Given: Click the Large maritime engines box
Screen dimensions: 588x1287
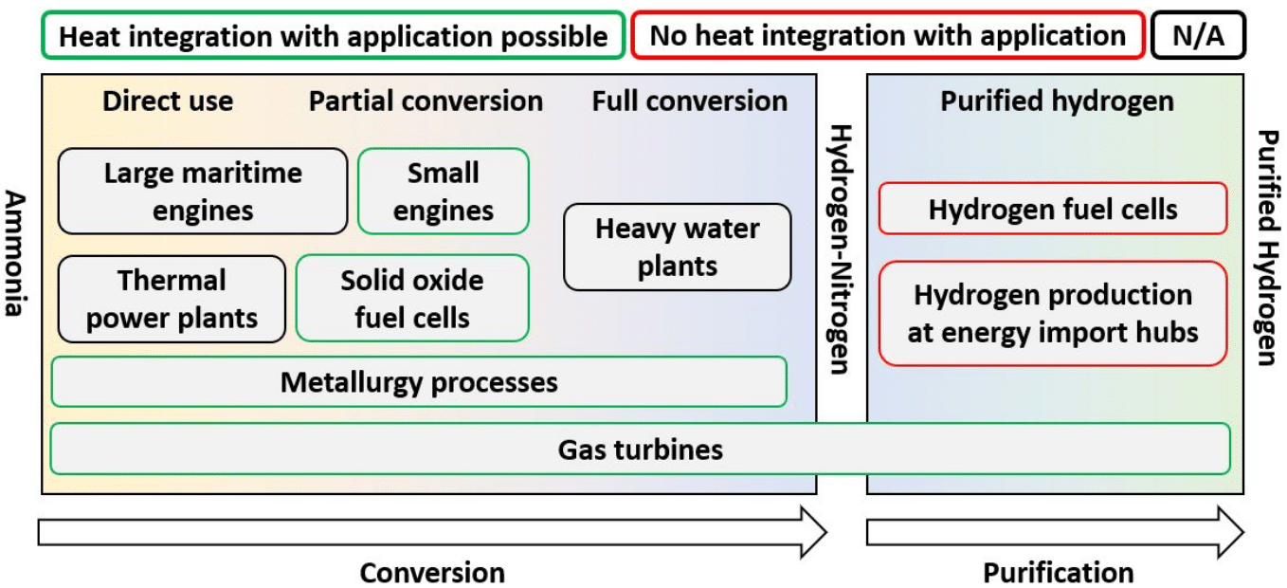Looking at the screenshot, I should coord(203,191).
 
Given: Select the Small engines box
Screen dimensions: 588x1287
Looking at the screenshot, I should coord(443,191).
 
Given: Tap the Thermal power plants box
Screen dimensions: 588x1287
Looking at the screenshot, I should coord(172,299).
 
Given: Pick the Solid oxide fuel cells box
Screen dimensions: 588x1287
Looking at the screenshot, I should coord(412,299).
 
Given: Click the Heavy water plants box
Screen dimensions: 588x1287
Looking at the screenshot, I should coord(677,247).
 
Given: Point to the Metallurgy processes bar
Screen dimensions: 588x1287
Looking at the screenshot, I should coord(419,382).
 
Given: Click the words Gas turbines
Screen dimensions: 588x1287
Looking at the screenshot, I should coord(640,449).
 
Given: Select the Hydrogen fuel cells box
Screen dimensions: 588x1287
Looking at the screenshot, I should coord(1053,209).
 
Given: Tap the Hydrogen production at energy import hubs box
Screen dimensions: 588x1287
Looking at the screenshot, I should coord(1053,313).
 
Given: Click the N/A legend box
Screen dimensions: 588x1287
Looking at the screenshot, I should coord(1198,36).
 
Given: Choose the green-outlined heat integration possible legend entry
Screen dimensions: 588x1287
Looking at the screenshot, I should coord(333,36).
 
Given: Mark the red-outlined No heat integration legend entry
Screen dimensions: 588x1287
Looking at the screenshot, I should coord(888,36).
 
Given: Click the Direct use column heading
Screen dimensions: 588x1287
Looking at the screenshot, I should coord(168,101).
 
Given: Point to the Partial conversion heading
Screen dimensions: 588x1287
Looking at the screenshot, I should coord(426,101).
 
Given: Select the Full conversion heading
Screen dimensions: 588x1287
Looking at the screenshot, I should coord(689,101).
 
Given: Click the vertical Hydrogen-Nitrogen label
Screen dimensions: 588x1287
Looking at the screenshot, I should coord(841,248).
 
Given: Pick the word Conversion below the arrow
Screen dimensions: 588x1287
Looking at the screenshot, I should coord(432,573).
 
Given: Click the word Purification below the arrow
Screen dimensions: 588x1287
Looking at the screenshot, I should coord(1058,573).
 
